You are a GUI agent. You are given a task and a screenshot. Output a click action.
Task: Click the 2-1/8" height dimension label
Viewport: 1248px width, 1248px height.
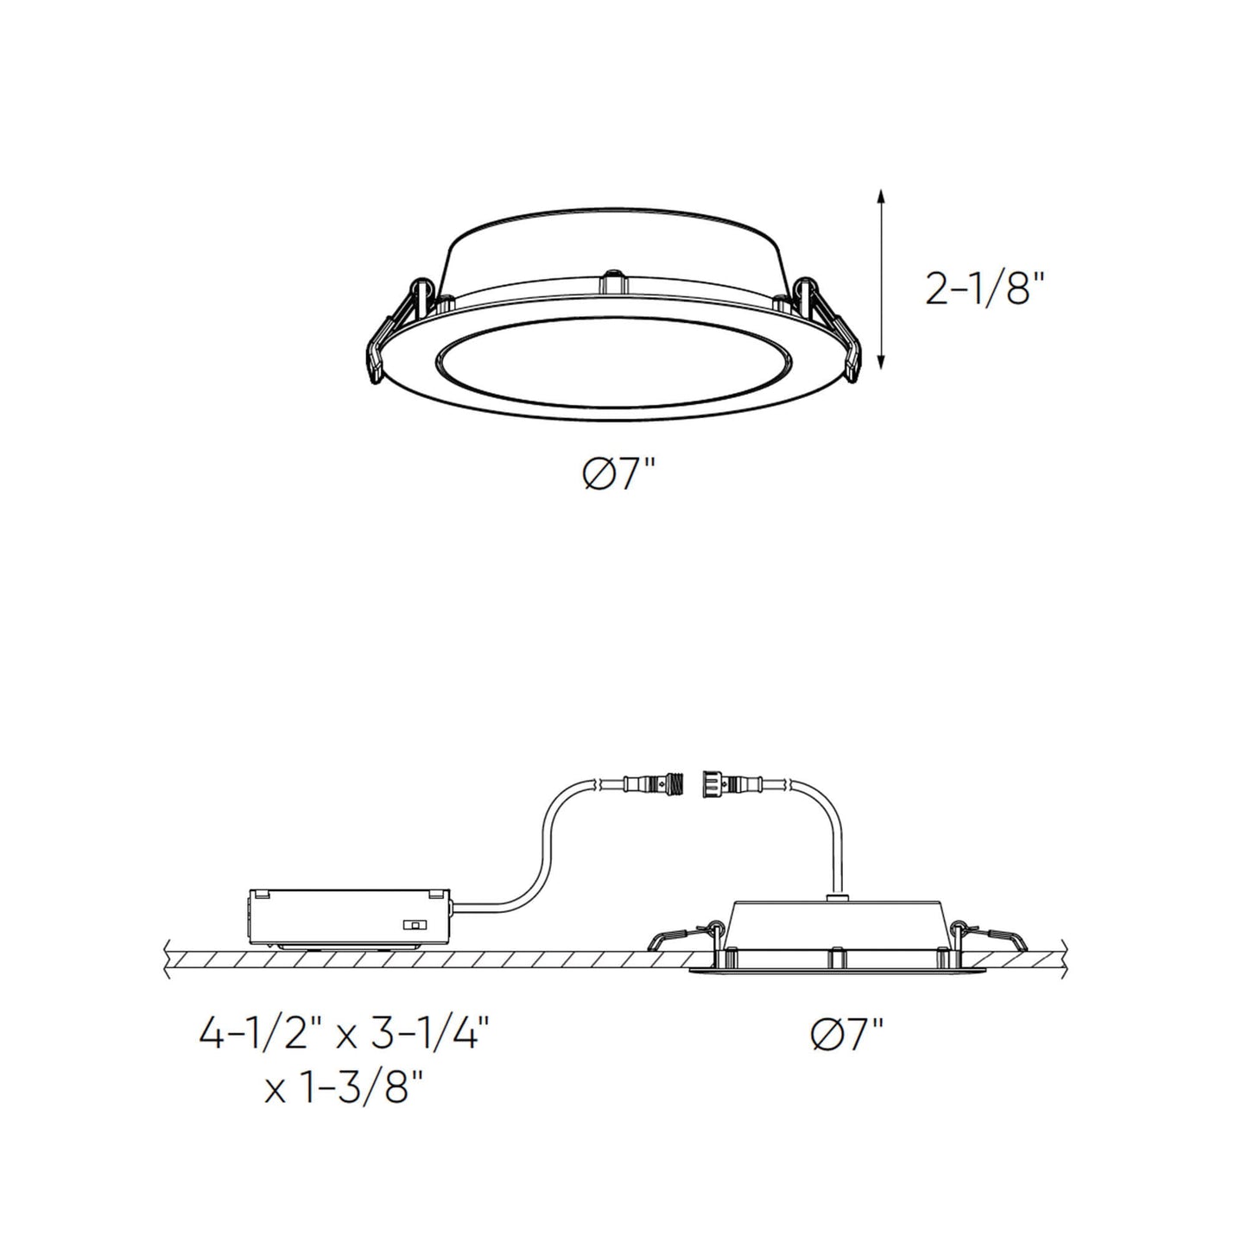985,289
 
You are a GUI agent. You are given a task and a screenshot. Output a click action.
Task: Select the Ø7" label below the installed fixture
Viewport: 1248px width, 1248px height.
848,1034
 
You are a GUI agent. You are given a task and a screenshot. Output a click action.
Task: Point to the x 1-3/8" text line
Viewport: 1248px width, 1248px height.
345,1090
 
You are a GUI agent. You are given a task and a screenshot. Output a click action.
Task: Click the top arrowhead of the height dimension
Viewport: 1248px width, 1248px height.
880,195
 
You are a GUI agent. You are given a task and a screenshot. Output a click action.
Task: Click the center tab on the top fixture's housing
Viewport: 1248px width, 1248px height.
613,282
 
